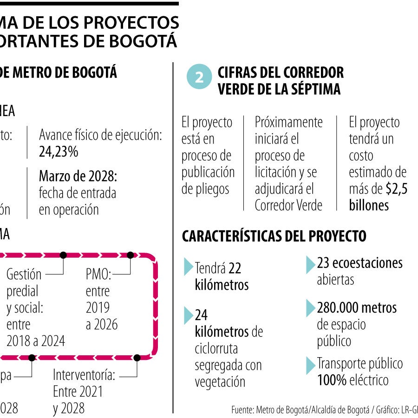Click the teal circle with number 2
(199, 78)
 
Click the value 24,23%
(59, 151)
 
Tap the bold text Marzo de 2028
(78, 176)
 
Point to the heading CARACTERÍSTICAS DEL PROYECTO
(274, 236)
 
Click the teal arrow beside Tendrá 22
(189, 267)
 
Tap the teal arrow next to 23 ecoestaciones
(311, 264)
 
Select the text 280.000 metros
(357, 307)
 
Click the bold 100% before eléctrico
(332, 380)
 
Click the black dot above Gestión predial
(63, 255)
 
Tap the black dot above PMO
(131, 255)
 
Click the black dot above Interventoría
(137, 358)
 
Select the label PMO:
(98, 274)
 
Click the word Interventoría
(84, 374)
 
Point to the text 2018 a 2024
(36, 341)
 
